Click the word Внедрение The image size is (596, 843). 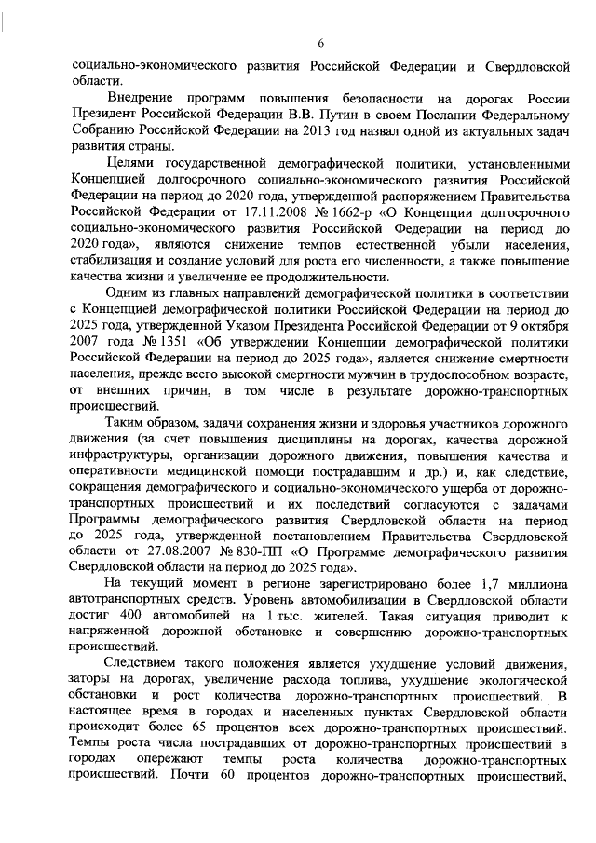tap(138, 98)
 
